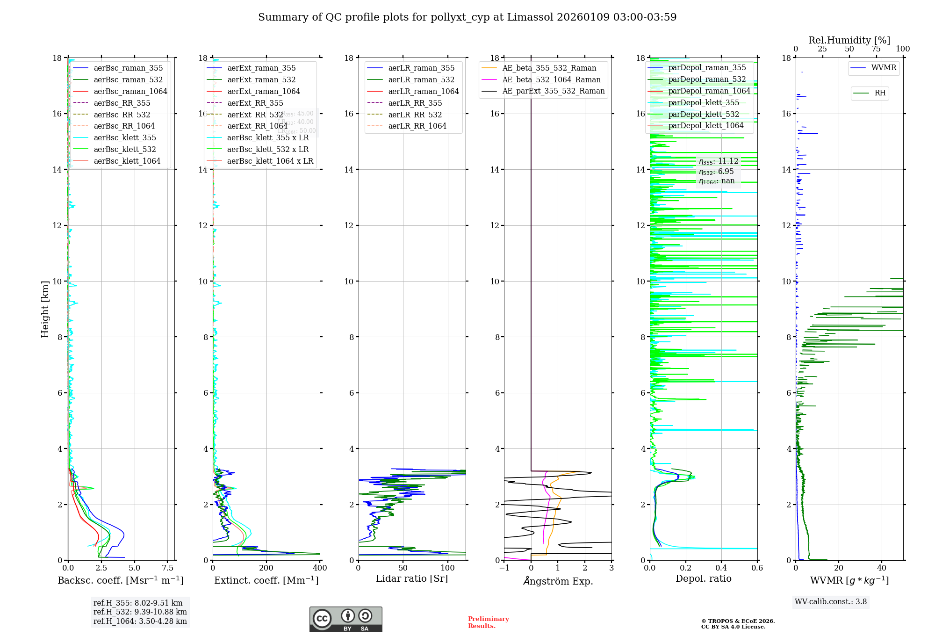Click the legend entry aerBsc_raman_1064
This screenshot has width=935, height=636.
[x=130, y=91]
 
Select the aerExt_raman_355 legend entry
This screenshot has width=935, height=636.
[x=261, y=68]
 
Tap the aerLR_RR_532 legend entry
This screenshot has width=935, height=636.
[x=415, y=115]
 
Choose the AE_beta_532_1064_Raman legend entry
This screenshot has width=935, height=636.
[x=551, y=79]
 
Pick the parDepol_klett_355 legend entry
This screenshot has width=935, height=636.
[x=704, y=102]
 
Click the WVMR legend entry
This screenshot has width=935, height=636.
[x=884, y=68]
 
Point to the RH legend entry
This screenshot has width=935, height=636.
[x=880, y=93]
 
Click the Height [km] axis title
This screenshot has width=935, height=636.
[x=45, y=309]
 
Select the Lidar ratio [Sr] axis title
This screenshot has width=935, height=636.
[x=412, y=579]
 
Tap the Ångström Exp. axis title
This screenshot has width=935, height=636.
[x=558, y=581]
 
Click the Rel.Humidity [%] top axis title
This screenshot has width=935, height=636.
[x=849, y=40]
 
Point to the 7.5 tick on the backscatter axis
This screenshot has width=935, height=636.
[x=168, y=568]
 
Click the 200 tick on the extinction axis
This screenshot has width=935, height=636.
[x=266, y=568]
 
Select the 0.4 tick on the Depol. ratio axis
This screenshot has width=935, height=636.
[x=721, y=568]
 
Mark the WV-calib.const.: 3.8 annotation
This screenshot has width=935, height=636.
[x=831, y=602]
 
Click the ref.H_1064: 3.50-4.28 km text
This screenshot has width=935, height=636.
[x=140, y=622]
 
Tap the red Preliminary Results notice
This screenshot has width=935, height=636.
[x=488, y=622]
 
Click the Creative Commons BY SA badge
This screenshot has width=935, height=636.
[x=346, y=620]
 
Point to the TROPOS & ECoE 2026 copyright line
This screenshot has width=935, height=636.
[x=738, y=622]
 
